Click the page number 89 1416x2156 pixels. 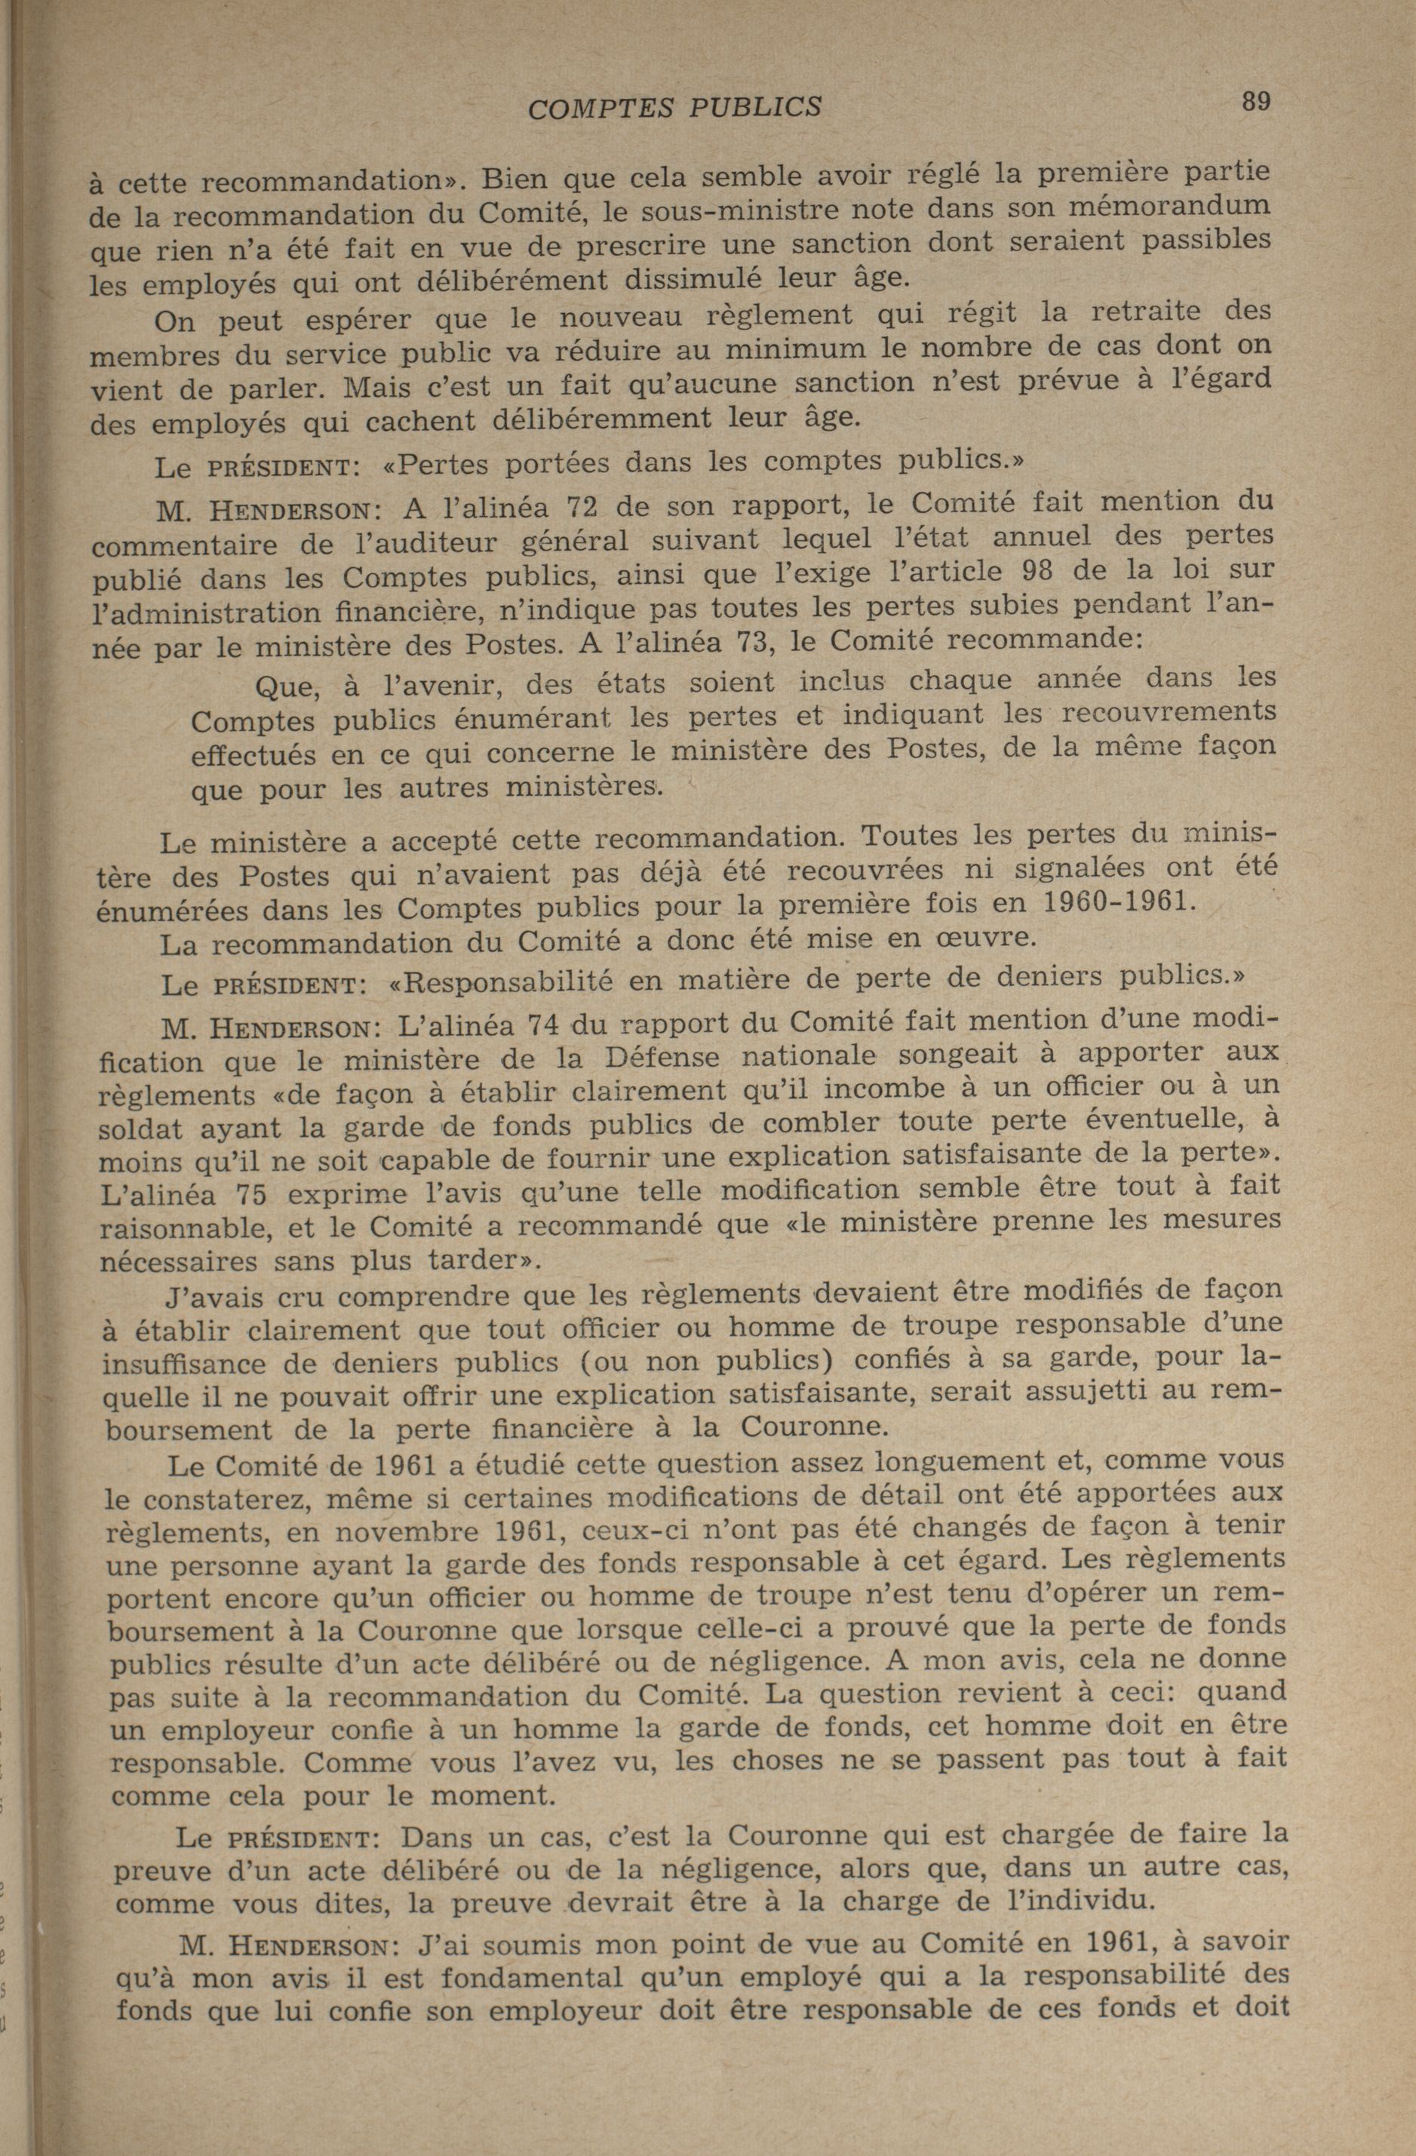coord(1255,101)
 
